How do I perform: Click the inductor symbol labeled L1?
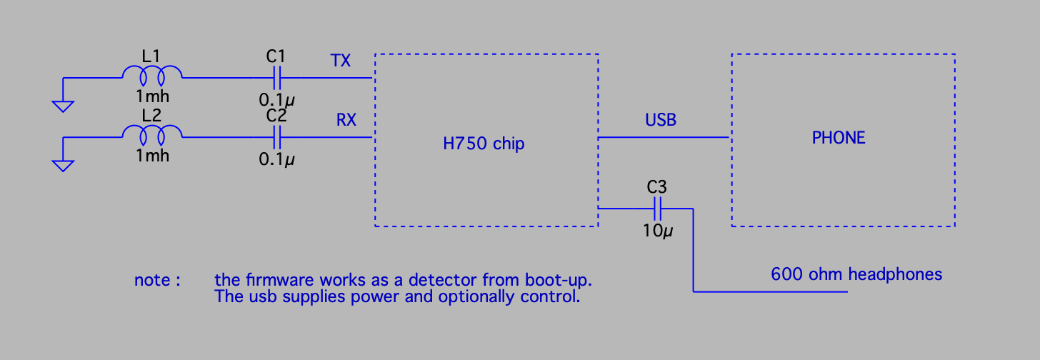152,73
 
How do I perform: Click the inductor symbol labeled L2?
152,133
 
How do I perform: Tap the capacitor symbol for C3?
656,209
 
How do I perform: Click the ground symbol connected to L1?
63,105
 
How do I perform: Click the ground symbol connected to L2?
63,165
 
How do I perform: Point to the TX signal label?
340,61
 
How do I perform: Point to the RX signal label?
346,120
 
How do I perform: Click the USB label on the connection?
660,120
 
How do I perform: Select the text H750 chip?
484,144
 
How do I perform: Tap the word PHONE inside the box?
839,138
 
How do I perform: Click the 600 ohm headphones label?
856,274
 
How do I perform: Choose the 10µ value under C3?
656,231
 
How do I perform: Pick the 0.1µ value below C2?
276,159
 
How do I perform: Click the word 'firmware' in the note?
276,279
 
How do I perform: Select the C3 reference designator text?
656,188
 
